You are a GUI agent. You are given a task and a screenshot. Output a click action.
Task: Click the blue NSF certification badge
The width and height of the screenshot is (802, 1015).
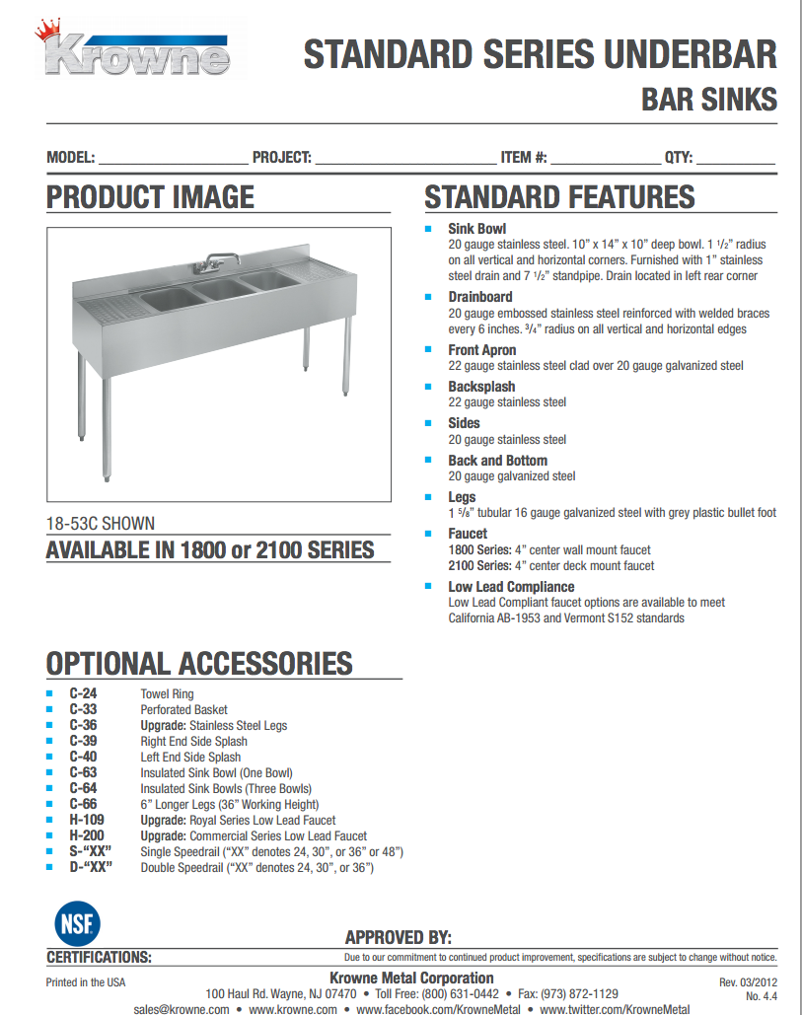coord(76,923)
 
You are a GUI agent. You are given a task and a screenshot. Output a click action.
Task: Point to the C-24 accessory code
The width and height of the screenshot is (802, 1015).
coord(83,693)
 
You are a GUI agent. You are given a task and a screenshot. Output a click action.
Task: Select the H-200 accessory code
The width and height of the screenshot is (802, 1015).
coord(86,835)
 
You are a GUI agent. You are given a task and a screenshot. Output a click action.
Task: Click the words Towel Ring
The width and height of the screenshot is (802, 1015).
coord(167,693)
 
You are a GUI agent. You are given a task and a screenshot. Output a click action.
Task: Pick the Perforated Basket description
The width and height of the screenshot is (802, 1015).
coord(183,709)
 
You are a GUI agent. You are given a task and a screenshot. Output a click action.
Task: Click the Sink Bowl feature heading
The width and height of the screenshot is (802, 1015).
coord(476,229)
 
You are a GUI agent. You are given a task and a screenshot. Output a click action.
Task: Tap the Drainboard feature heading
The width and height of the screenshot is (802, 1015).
coord(480,297)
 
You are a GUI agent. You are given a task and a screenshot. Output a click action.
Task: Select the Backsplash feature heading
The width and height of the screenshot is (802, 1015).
coord(481,387)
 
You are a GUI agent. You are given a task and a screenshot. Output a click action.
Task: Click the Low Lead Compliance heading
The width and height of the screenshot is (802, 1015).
coord(511,587)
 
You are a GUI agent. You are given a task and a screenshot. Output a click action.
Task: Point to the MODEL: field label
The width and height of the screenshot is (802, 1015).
coord(71,157)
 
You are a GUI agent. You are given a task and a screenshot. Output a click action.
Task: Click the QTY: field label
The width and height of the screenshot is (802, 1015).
coord(679,157)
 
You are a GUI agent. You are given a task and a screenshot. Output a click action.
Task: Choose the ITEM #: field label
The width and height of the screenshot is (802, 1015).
coord(524,157)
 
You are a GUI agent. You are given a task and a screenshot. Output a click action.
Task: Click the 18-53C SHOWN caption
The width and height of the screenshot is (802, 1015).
coord(101,525)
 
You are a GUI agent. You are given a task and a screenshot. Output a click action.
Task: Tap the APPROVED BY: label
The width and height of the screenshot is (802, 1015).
coord(399,937)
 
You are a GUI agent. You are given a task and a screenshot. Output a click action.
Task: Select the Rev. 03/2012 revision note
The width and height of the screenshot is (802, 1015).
coord(748,982)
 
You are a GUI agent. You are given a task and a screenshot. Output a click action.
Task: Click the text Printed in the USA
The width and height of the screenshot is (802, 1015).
coord(86,982)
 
